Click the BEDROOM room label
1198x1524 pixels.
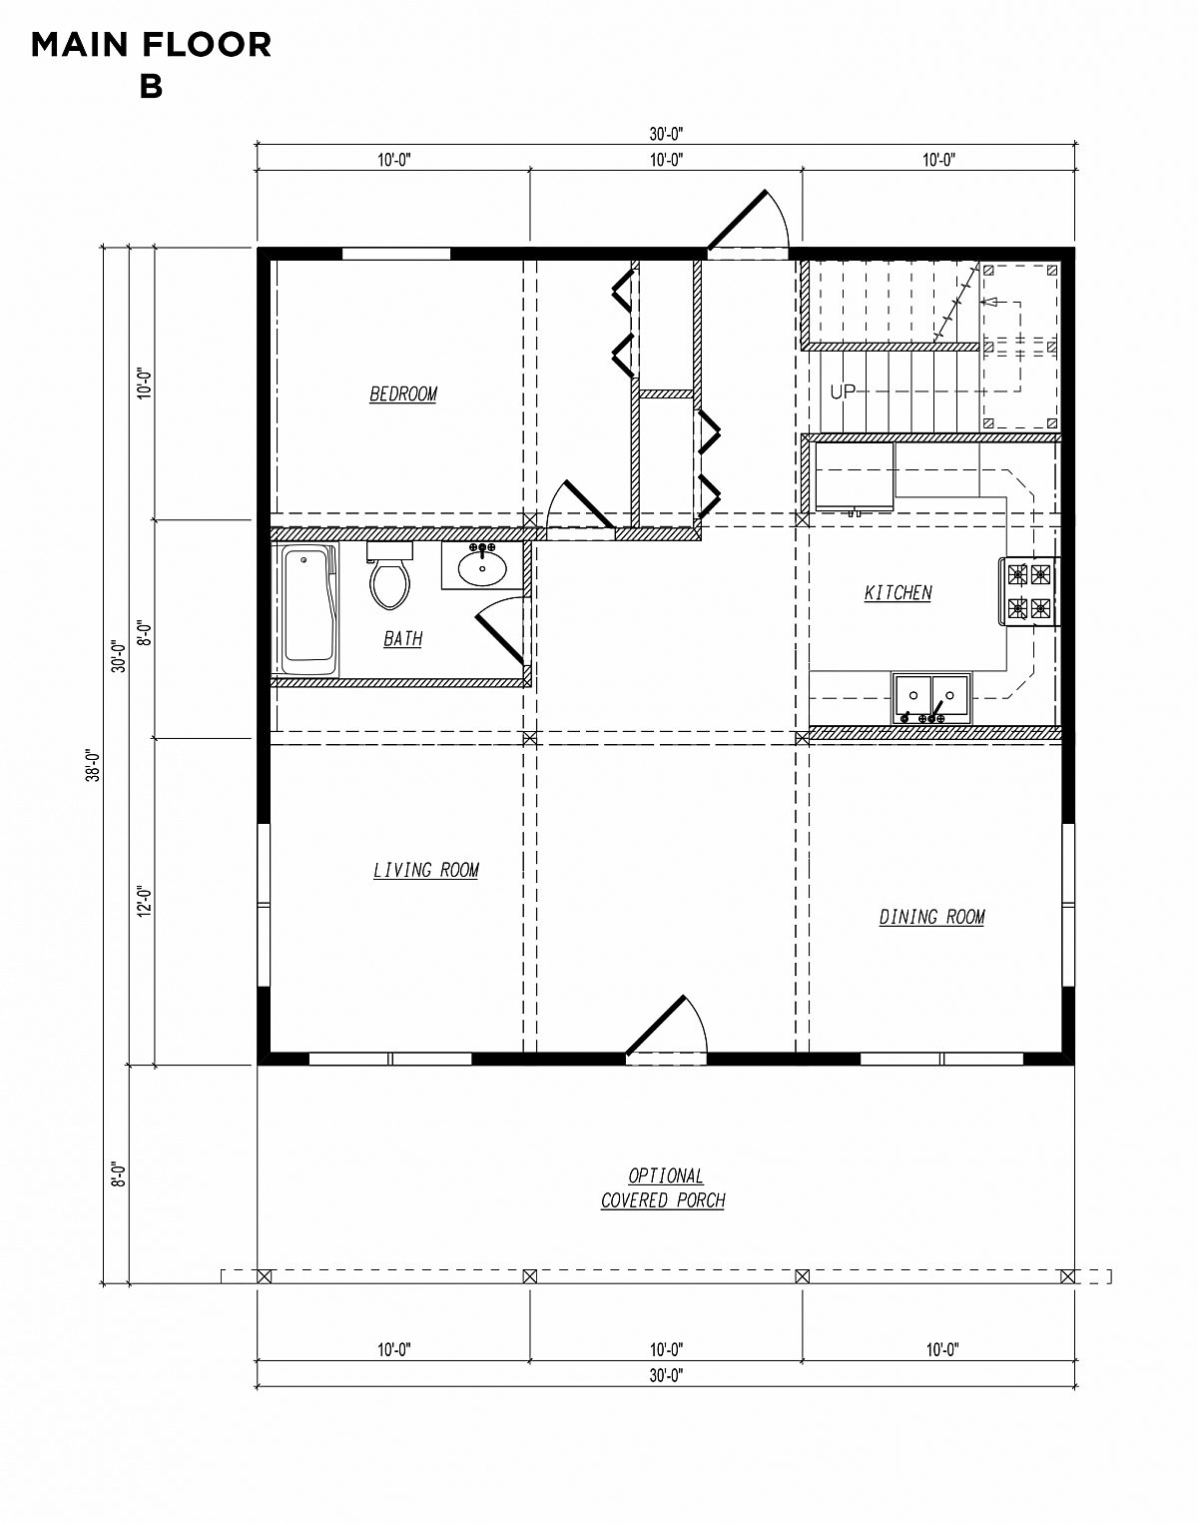tap(403, 394)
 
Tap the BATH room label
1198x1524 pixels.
tap(402, 638)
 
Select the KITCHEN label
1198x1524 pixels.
tap(898, 593)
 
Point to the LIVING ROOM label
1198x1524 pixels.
tap(426, 871)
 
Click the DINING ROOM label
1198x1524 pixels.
tap(931, 917)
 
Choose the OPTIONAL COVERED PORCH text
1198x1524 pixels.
tap(663, 1188)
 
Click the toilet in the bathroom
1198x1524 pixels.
tap(389, 579)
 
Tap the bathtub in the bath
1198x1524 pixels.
tap(307, 610)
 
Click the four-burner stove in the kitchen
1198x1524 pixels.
tap(1028, 590)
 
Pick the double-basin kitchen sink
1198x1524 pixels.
tap(931, 696)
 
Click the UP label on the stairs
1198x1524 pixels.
tap(843, 392)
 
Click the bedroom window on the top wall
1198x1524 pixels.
tap(396, 254)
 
